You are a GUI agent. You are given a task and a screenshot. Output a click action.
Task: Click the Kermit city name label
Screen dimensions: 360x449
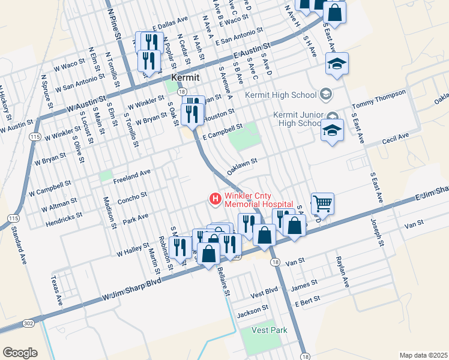pyautogui.click(x=185, y=77)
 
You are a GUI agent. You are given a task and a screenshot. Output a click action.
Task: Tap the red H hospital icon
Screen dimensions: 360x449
pyautogui.click(x=214, y=199)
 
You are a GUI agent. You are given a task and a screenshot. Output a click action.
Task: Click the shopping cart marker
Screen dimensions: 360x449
pyautogui.click(x=322, y=203)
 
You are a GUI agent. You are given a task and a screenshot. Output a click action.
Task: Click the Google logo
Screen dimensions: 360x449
pyautogui.click(x=20, y=353)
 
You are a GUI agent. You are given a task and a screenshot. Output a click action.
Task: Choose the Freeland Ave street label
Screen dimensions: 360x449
pyautogui.click(x=131, y=175)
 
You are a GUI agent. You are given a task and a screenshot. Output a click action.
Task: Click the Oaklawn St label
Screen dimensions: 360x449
pyautogui.click(x=242, y=167)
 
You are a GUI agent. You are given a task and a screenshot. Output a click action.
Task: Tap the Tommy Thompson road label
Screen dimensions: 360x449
pyautogui.click(x=379, y=98)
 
